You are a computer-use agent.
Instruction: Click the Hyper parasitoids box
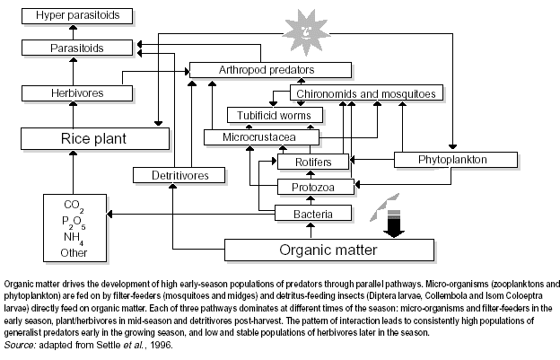tap(77, 15)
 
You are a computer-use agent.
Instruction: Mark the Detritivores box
tap(177, 175)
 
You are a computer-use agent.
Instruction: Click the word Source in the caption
tap(20, 345)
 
